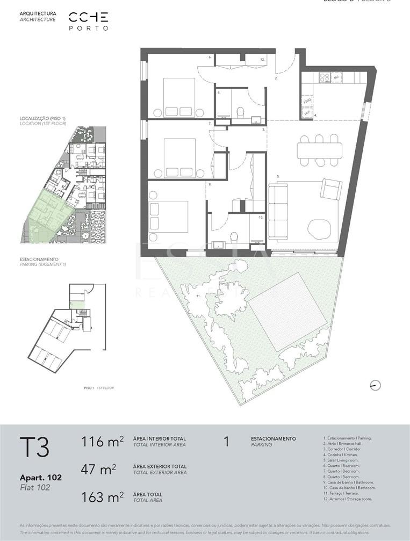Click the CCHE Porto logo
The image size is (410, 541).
tap(89, 20)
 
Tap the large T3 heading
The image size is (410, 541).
tap(34, 447)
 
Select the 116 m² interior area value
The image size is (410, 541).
tap(102, 442)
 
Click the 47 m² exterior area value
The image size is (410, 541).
tap(98, 470)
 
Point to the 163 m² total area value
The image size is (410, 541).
tap(102, 497)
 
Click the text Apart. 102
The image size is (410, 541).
tap(40, 477)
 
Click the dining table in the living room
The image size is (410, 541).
tap(319, 150)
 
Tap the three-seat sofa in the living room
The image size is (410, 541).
tap(278, 211)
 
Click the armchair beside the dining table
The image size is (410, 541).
tap(331, 189)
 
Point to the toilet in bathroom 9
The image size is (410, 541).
tap(240, 112)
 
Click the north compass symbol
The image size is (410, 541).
tap(375, 385)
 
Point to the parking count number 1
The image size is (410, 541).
tap(226, 442)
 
